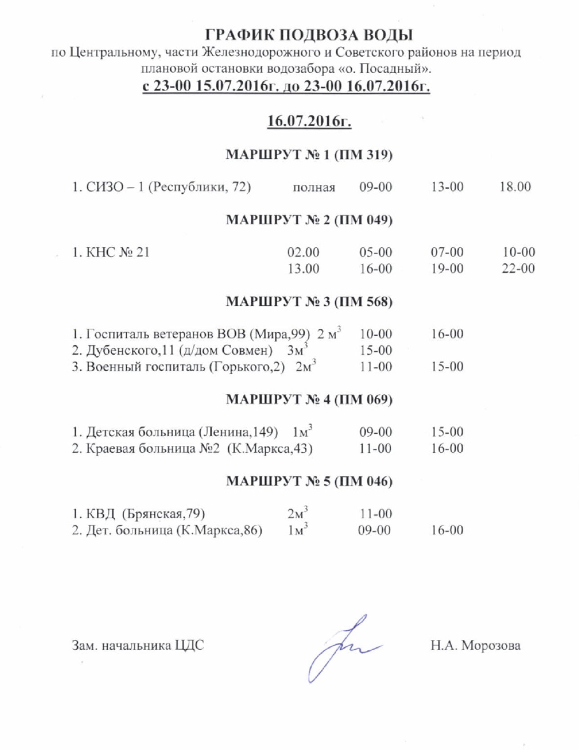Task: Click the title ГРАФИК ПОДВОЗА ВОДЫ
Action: coord(309,35)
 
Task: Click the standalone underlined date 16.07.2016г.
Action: coord(309,121)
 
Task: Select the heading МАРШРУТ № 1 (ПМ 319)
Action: coord(309,155)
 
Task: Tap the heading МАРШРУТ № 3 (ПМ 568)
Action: coord(309,302)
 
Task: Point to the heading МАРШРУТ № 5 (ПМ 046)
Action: coord(309,481)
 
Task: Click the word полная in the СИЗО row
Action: coord(314,187)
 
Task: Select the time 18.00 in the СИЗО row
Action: coord(515,187)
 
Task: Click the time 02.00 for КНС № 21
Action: coord(303,252)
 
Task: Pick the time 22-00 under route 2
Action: coord(518,269)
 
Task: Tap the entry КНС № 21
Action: coord(111,252)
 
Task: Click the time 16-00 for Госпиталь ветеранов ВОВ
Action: coord(447,334)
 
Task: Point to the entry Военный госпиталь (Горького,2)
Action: coord(178,367)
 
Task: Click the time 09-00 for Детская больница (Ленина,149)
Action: coord(375,432)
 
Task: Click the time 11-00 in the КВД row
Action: coord(375,514)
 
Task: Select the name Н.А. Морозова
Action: coord(475,646)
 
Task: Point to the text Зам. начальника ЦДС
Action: coord(138,646)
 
